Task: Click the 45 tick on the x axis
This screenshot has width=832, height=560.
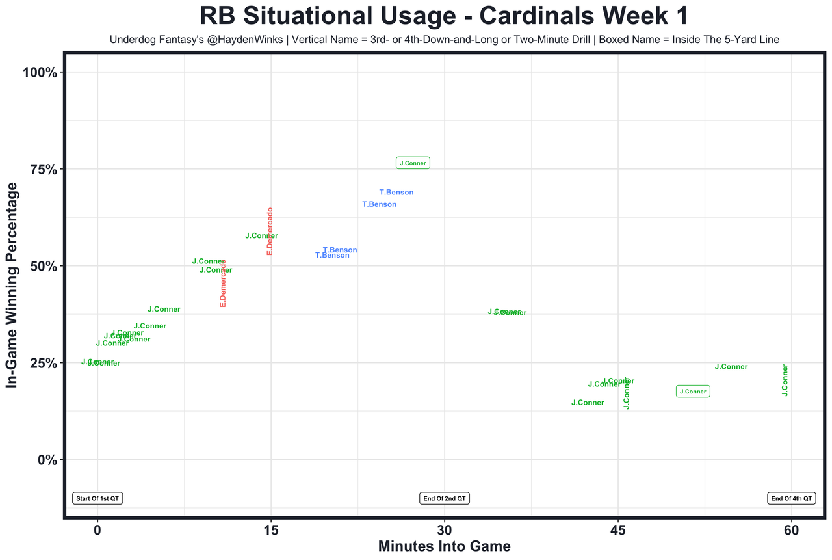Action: tap(618, 530)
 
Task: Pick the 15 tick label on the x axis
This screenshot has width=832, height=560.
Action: tap(271, 530)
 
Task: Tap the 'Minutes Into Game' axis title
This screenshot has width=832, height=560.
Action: tap(444, 546)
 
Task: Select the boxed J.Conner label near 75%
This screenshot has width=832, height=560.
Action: tap(413, 163)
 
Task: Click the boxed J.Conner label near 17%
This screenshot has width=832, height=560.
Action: tap(693, 392)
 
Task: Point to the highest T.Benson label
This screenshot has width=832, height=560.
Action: tap(396, 193)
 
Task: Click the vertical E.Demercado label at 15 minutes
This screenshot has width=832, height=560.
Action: tap(270, 231)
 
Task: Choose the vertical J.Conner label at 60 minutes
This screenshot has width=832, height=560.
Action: tap(785, 380)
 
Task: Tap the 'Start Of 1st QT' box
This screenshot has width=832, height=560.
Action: tap(97, 498)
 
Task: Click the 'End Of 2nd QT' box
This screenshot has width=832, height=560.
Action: tap(445, 498)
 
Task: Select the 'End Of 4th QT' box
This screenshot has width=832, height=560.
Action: tap(791, 498)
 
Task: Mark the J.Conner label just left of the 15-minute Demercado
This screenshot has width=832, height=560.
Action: tap(261, 236)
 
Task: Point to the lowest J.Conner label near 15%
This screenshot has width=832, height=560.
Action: tap(588, 403)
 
